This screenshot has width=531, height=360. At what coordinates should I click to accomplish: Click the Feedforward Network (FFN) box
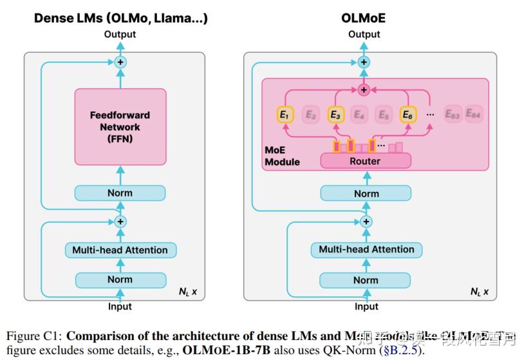pos(120,126)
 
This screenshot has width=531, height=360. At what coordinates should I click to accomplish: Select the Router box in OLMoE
pos(365,161)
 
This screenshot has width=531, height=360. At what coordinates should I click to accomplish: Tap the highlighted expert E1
pos(285,115)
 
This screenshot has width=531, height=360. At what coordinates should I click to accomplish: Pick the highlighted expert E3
pos(335,115)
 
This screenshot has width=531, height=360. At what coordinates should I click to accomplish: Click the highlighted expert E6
pos(407,115)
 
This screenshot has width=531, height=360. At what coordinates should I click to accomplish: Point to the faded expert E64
pos(473,115)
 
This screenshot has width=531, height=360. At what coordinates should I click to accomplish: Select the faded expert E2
pos(310,115)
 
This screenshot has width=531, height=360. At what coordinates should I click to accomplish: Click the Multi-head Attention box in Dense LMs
pos(120,250)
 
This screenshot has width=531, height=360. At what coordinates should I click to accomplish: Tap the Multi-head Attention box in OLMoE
pos(366,249)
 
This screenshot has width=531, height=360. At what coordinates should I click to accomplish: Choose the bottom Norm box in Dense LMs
pos(120,279)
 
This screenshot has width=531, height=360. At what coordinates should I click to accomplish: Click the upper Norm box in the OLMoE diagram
pos(366,193)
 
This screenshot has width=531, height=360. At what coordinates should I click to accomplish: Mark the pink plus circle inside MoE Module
pos(364,90)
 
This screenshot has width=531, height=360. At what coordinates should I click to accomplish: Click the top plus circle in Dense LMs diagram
pos(120,62)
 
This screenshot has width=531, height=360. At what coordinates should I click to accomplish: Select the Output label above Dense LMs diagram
pos(120,33)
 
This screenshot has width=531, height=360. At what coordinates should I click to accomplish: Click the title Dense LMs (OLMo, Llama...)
pos(120,18)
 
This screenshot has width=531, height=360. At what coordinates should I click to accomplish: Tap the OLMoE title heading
pos(364,18)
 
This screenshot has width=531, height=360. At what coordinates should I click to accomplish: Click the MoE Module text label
pos(282,155)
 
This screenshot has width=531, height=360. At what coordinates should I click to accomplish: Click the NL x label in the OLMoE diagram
pos(479,292)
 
